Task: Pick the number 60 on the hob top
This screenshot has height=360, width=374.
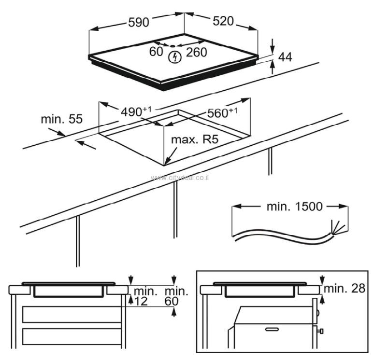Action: [x=156, y=52]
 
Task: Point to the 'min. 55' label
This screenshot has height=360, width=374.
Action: [x=61, y=119]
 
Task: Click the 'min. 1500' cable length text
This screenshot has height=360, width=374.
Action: [x=294, y=207]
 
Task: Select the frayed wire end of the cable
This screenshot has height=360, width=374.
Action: [x=335, y=227]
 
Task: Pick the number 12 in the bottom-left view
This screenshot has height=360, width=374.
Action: [x=140, y=301]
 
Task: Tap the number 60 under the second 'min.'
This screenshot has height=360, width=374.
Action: [x=172, y=301]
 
